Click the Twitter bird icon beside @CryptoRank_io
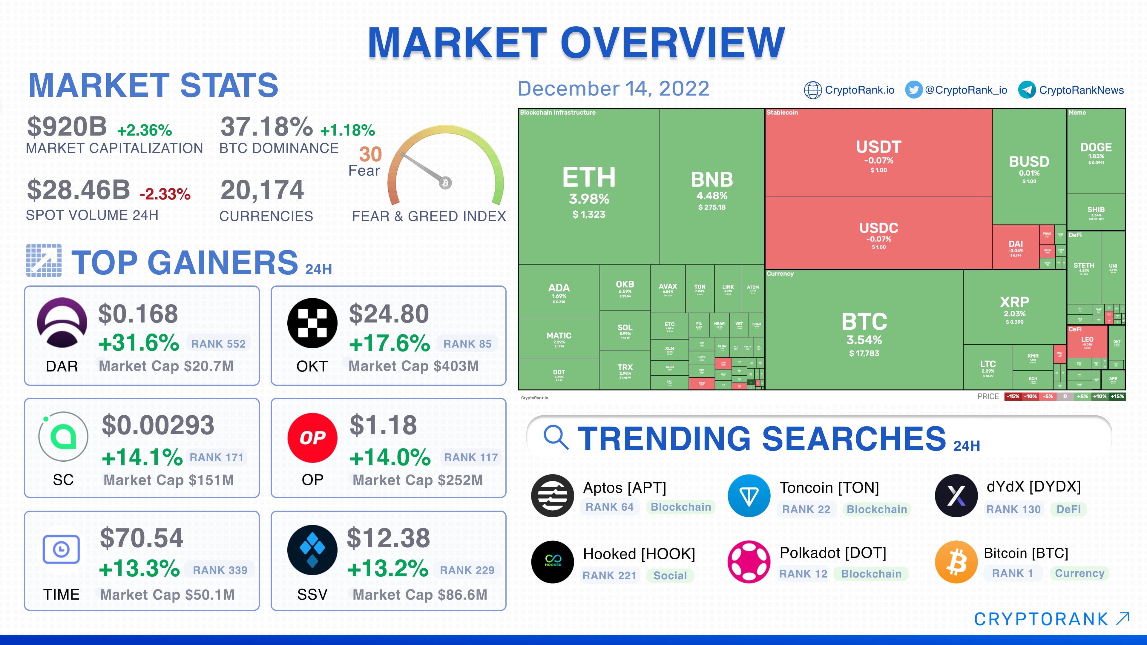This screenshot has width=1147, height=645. pyautogui.click(x=913, y=90)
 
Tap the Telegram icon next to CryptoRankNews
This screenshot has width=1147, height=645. pyautogui.click(x=1027, y=90)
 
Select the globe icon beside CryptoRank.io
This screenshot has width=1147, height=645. pyautogui.click(x=812, y=90)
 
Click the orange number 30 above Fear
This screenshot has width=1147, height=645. pyautogui.click(x=370, y=154)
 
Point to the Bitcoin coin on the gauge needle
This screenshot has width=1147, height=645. pyautogui.click(x=445, y=182)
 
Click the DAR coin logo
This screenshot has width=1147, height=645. pyautogui.click(x=62, y=322)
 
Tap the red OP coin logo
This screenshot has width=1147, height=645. pyautogui.click(x=312, y=437)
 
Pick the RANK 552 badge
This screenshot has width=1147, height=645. pyautogui.click(x=218, y=344)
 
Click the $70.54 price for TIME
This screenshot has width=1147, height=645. pyautogui.click(x=142, y=538)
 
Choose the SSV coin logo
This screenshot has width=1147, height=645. pyautogui.click(x=312, y=550)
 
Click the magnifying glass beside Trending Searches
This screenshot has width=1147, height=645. pyautogui.click(x=556, y=437)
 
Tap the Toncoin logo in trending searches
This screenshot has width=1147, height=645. pyautogui.click(x=749, y=495)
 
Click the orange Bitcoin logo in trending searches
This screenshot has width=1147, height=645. pyautogui.click(x=956, y=562)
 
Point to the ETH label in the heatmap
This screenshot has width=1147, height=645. pyautogui.click(x=589, y=177)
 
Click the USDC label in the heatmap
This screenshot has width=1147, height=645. pyautogui.click(x=878, y=228)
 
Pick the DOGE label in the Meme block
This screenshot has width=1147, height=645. pyautogui.click(x=1096, y=147)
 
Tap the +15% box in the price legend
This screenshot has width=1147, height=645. pyautogui.click(x=1117, y=396)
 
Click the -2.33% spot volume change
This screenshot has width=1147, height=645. pyautogui.click(x=165, y=194)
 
